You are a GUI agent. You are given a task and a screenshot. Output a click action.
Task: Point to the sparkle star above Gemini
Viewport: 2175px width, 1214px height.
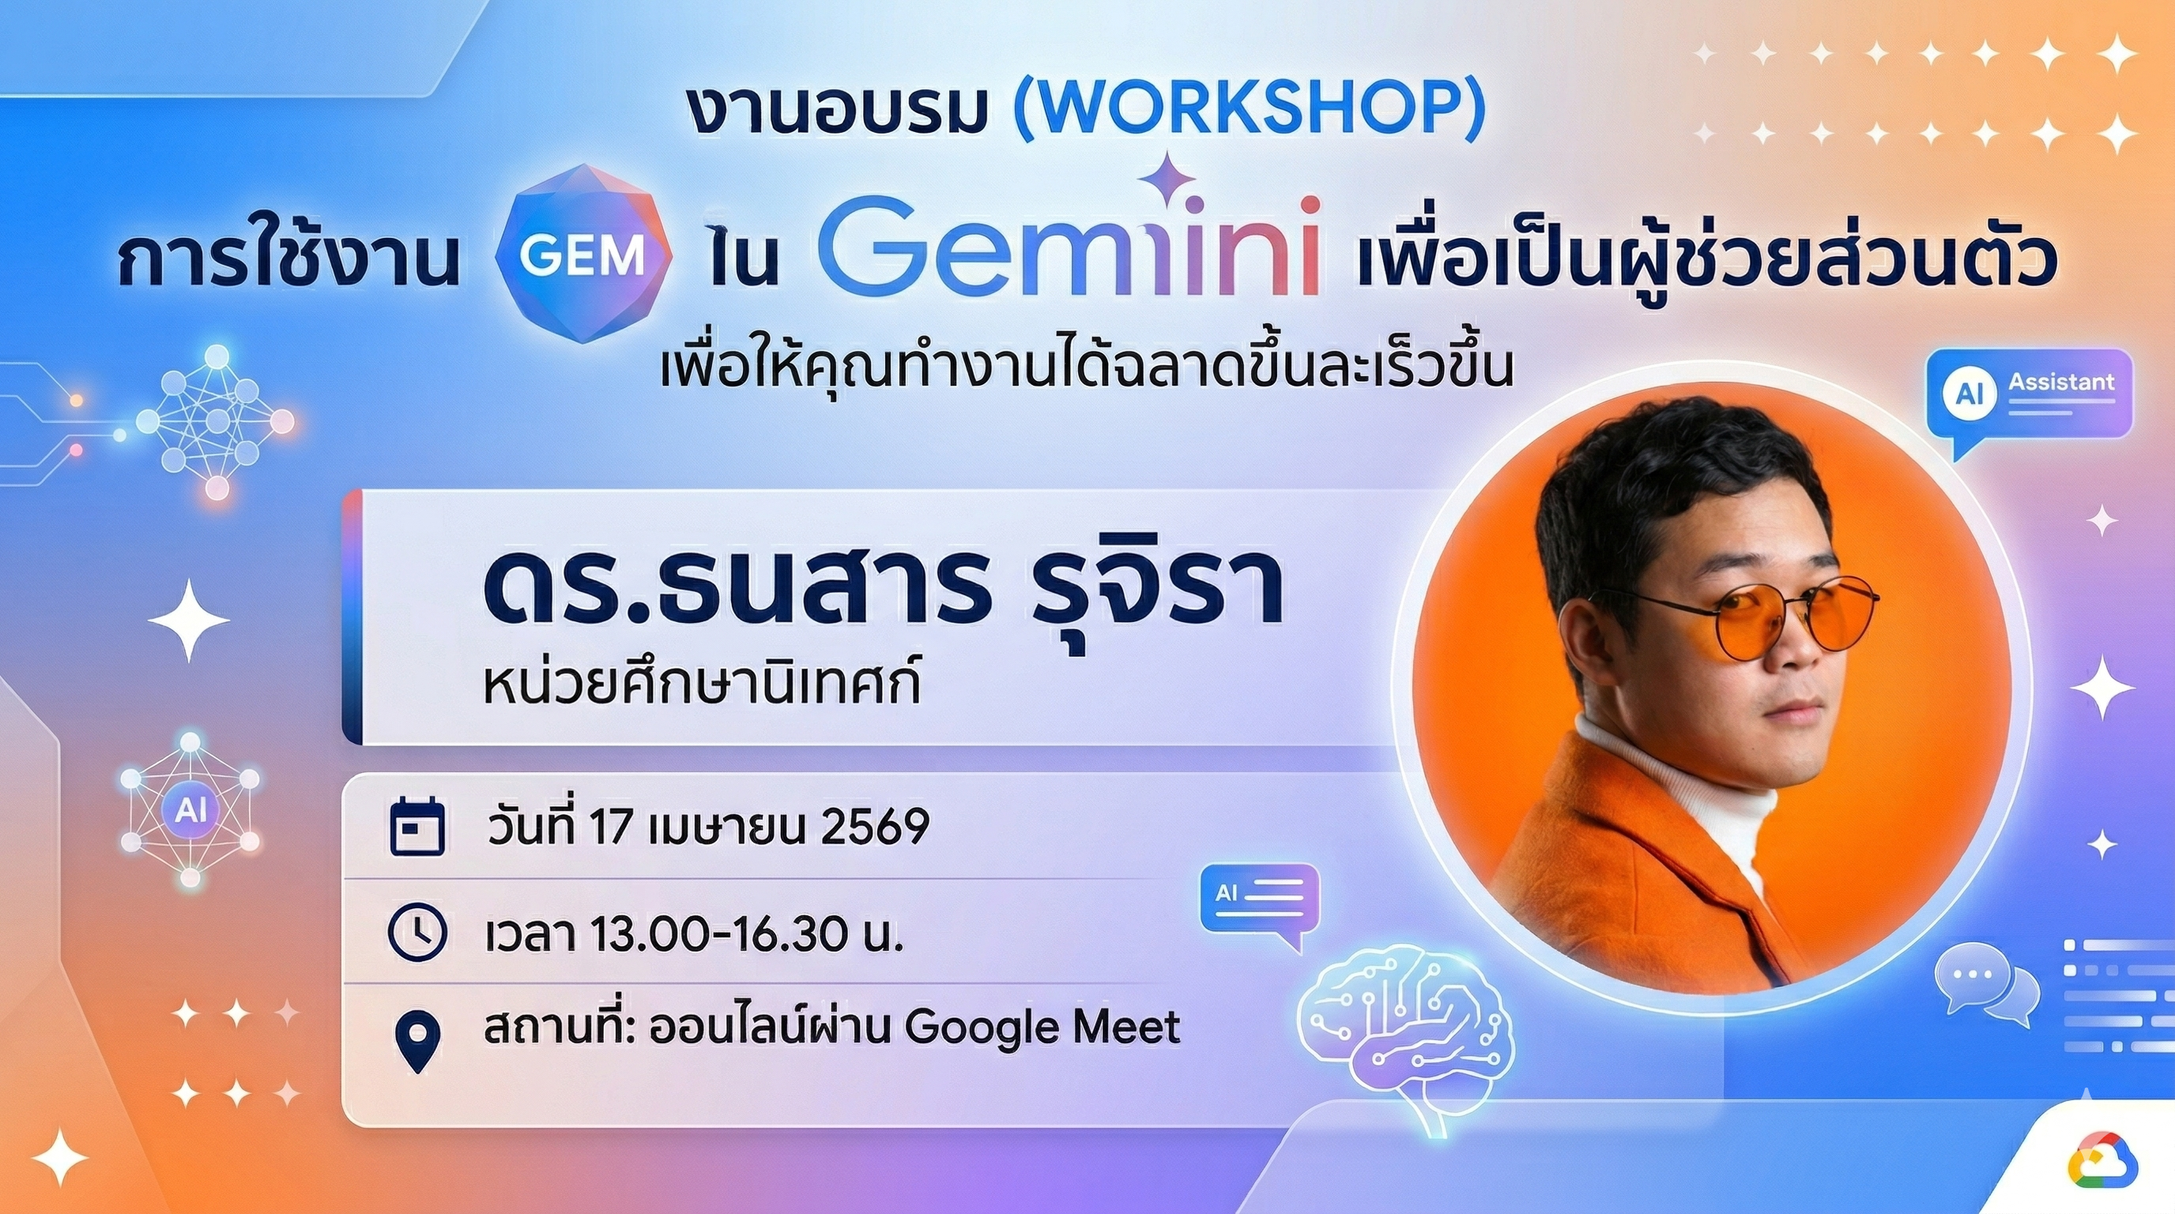point(1167,179)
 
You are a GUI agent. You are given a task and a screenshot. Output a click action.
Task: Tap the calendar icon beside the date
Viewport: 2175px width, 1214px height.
point(417,827)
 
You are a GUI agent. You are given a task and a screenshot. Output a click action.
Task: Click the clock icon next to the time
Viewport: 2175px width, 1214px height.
point(417,933)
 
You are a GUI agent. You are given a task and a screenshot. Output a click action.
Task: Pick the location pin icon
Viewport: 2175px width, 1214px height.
point(418,1041)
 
